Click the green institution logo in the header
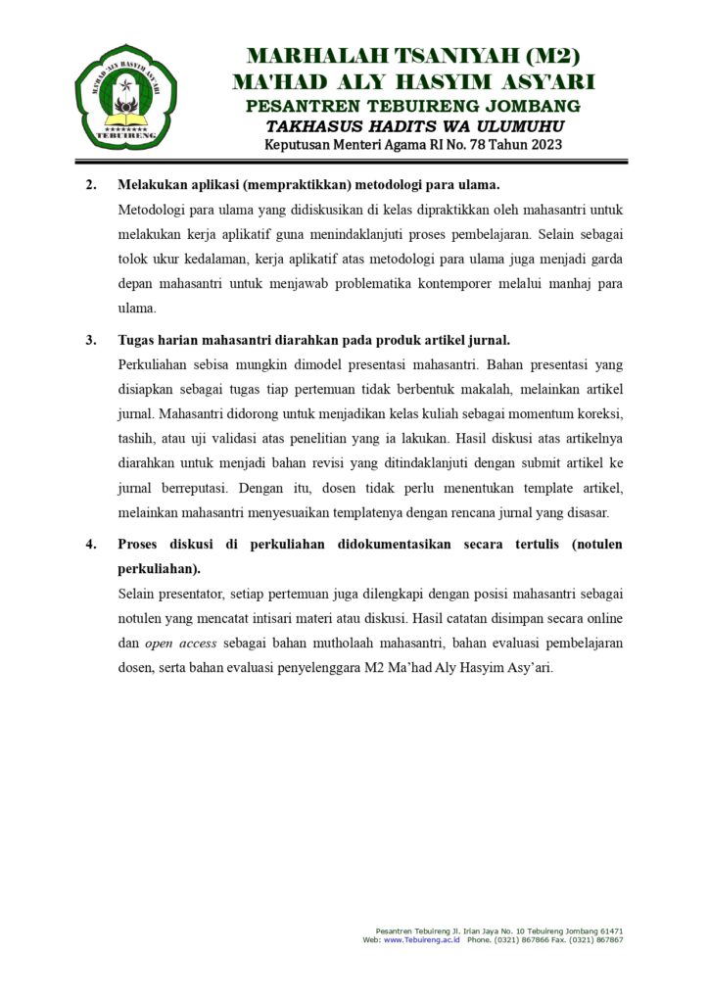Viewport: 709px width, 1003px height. click(126, 96)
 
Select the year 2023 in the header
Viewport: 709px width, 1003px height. click(543, 145)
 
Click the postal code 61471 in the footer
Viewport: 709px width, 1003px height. click(608, 931)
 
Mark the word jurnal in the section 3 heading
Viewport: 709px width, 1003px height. click(488, 340)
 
